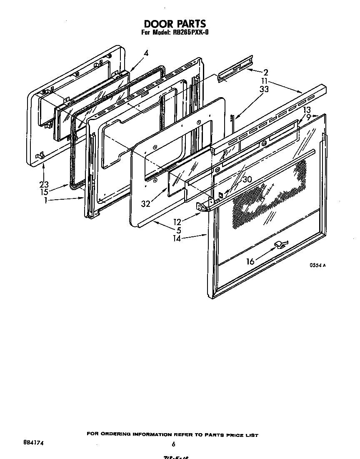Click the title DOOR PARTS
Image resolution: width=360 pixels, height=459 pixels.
pos(175,24)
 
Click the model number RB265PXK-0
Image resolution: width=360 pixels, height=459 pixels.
pos(190,33)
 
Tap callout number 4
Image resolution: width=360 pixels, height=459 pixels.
pos(146,53)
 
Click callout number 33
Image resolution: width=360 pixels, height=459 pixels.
pos(264,89)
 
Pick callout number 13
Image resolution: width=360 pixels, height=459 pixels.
pos(307,110)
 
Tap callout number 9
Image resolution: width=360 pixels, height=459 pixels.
pos(308,118)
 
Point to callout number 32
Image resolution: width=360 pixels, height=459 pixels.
pos(145,204)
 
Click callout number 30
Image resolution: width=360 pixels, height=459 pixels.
pos(247,179)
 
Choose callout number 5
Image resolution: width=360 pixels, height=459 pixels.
pos(178,230)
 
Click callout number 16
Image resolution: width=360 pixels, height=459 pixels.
pos(250,261)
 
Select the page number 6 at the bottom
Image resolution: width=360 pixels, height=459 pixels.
pos(173,444)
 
